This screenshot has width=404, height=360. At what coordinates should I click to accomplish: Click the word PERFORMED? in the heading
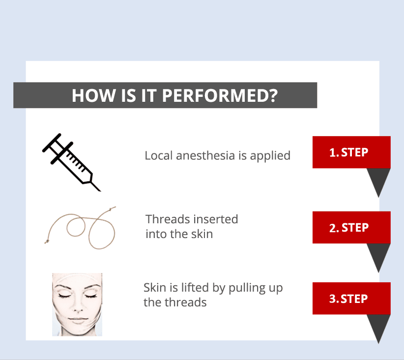[220, 95]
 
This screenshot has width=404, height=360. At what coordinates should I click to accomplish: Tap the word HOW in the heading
[94, 95]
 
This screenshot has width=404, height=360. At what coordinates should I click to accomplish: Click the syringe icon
[71, 162]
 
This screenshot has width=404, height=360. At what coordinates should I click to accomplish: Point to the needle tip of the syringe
[100, 191]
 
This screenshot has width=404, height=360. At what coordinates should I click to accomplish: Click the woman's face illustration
[77, 304]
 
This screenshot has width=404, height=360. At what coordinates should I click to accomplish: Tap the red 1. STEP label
[351, 152]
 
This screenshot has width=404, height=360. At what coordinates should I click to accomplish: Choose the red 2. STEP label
[351, 227]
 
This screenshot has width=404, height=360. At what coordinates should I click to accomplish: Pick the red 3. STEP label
[351, 299]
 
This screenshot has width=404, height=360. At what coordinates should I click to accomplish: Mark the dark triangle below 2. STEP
[378, 255]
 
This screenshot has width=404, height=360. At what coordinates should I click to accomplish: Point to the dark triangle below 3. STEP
[378, 326]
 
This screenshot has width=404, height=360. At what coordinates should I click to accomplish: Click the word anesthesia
[205, 155]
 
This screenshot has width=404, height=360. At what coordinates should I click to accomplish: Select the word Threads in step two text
[168, 219]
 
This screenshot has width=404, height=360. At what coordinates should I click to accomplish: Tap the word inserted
[216, 219]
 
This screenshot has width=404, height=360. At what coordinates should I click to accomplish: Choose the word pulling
[247, 288]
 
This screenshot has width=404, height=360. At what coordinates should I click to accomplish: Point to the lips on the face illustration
[78, 320]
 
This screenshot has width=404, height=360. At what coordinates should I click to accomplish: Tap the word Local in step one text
[159, 155]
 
